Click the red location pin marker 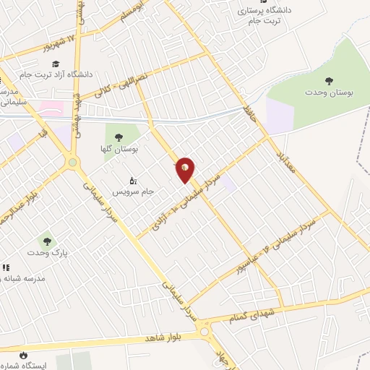pos(186,170)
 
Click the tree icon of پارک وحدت pos(47,241)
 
